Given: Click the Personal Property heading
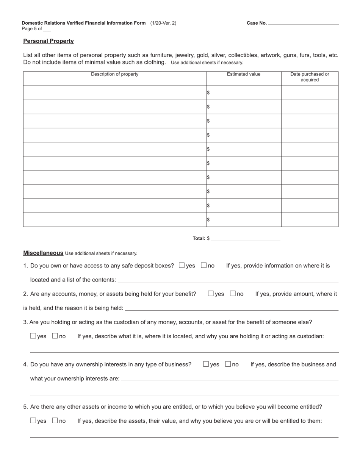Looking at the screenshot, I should [x=49, y=41].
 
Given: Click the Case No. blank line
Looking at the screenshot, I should [x=303, y=23].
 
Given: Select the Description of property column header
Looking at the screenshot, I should [x=114, y=74].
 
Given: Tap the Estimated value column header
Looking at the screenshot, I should [x=244, y=74].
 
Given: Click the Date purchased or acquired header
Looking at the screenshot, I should [x=310, y=77].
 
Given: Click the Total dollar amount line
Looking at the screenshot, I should [x=246, y=238].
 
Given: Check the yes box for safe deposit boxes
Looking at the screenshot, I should [x=182, y=266].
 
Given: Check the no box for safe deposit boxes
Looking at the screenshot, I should [x=204, y=266].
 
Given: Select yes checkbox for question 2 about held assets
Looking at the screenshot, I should [x=211, y=294].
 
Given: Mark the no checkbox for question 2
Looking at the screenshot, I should [x=233, y=294].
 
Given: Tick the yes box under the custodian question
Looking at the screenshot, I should [x=33, y=336].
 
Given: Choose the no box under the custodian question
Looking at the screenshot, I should [x=55, y=336].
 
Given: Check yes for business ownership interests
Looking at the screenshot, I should [x=206, y=364].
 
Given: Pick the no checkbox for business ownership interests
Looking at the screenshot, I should [x=228, y=364].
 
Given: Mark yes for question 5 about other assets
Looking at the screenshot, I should [x=33, y=421].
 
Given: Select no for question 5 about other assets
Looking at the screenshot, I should [x=55, y=421].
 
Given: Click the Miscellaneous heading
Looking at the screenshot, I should [x=43, y=253].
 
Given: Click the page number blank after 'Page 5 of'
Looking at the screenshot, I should [x=47, y=29].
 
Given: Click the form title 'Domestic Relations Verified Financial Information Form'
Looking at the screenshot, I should [x=84, y=23].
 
